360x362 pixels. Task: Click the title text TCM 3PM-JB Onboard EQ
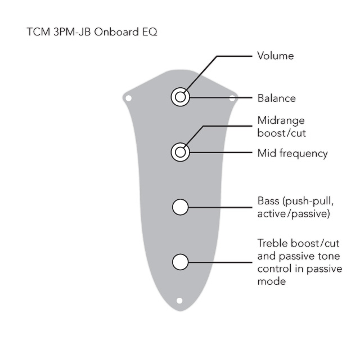(x=92, y=32)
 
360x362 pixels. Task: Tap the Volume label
(x=276, y=56)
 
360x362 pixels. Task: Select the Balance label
(x=277, y=99)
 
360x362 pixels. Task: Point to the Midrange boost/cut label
(x=281, y=127)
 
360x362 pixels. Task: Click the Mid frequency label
(x=292, y=154)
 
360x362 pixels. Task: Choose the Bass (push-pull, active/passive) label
(x=295, y=207)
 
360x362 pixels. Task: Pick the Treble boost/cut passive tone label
(x=300, y=262)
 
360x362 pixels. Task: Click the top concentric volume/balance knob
(x=181, y=97)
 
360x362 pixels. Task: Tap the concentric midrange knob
(x=181, y=152)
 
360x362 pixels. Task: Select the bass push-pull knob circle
(x=181, y=207)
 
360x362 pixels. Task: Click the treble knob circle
(x=181, y=262)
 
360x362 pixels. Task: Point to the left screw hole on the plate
(x=128, y=99)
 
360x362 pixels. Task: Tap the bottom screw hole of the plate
(x=179, y=301)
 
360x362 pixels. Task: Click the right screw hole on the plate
(x=232, y=99)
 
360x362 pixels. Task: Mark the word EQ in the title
(x=150, y=32)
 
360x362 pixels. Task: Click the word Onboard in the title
(x=116, y=32)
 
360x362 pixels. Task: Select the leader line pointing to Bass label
(x=220, y=207)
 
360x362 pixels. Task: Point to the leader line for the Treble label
(x=220, y=262)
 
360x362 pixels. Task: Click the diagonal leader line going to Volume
(x=201, y=74)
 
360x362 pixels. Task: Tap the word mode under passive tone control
(x=272, y=281)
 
